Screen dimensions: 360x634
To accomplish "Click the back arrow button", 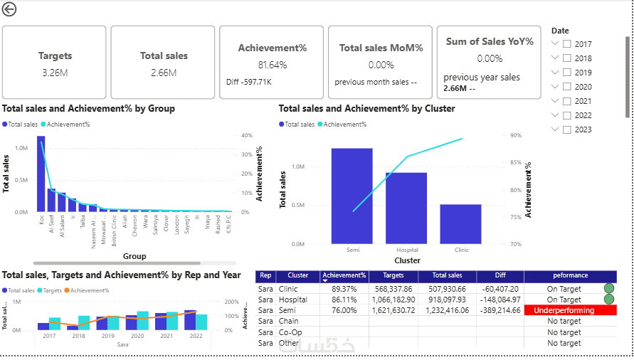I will [x=9, y=10].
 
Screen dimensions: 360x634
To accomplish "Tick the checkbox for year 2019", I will [x=567, y=73].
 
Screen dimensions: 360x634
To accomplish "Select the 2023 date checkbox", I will [x=567, y=129].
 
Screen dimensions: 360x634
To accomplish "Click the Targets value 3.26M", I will [x=55, y=72].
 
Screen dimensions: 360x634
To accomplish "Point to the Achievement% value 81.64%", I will [x=272, y=65].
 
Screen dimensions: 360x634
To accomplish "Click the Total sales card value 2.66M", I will [x=164, y=72].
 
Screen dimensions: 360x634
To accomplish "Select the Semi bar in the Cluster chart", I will [x=352, y=196].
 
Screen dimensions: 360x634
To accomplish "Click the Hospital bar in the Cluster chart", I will [x=406, y=208].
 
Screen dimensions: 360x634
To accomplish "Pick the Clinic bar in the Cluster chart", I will [x=460, y=223].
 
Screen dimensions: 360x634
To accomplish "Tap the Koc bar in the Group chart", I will [x=41, y=174].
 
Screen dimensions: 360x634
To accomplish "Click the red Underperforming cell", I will [x=570, y=311].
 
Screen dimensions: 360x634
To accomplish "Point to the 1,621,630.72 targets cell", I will [x=393, y=311].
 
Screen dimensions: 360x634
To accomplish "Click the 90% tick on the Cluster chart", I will [x=516, y=135].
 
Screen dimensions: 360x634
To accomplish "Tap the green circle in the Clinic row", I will [x=608, y=289].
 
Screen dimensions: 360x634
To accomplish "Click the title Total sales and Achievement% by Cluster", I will [x=366, y=109].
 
